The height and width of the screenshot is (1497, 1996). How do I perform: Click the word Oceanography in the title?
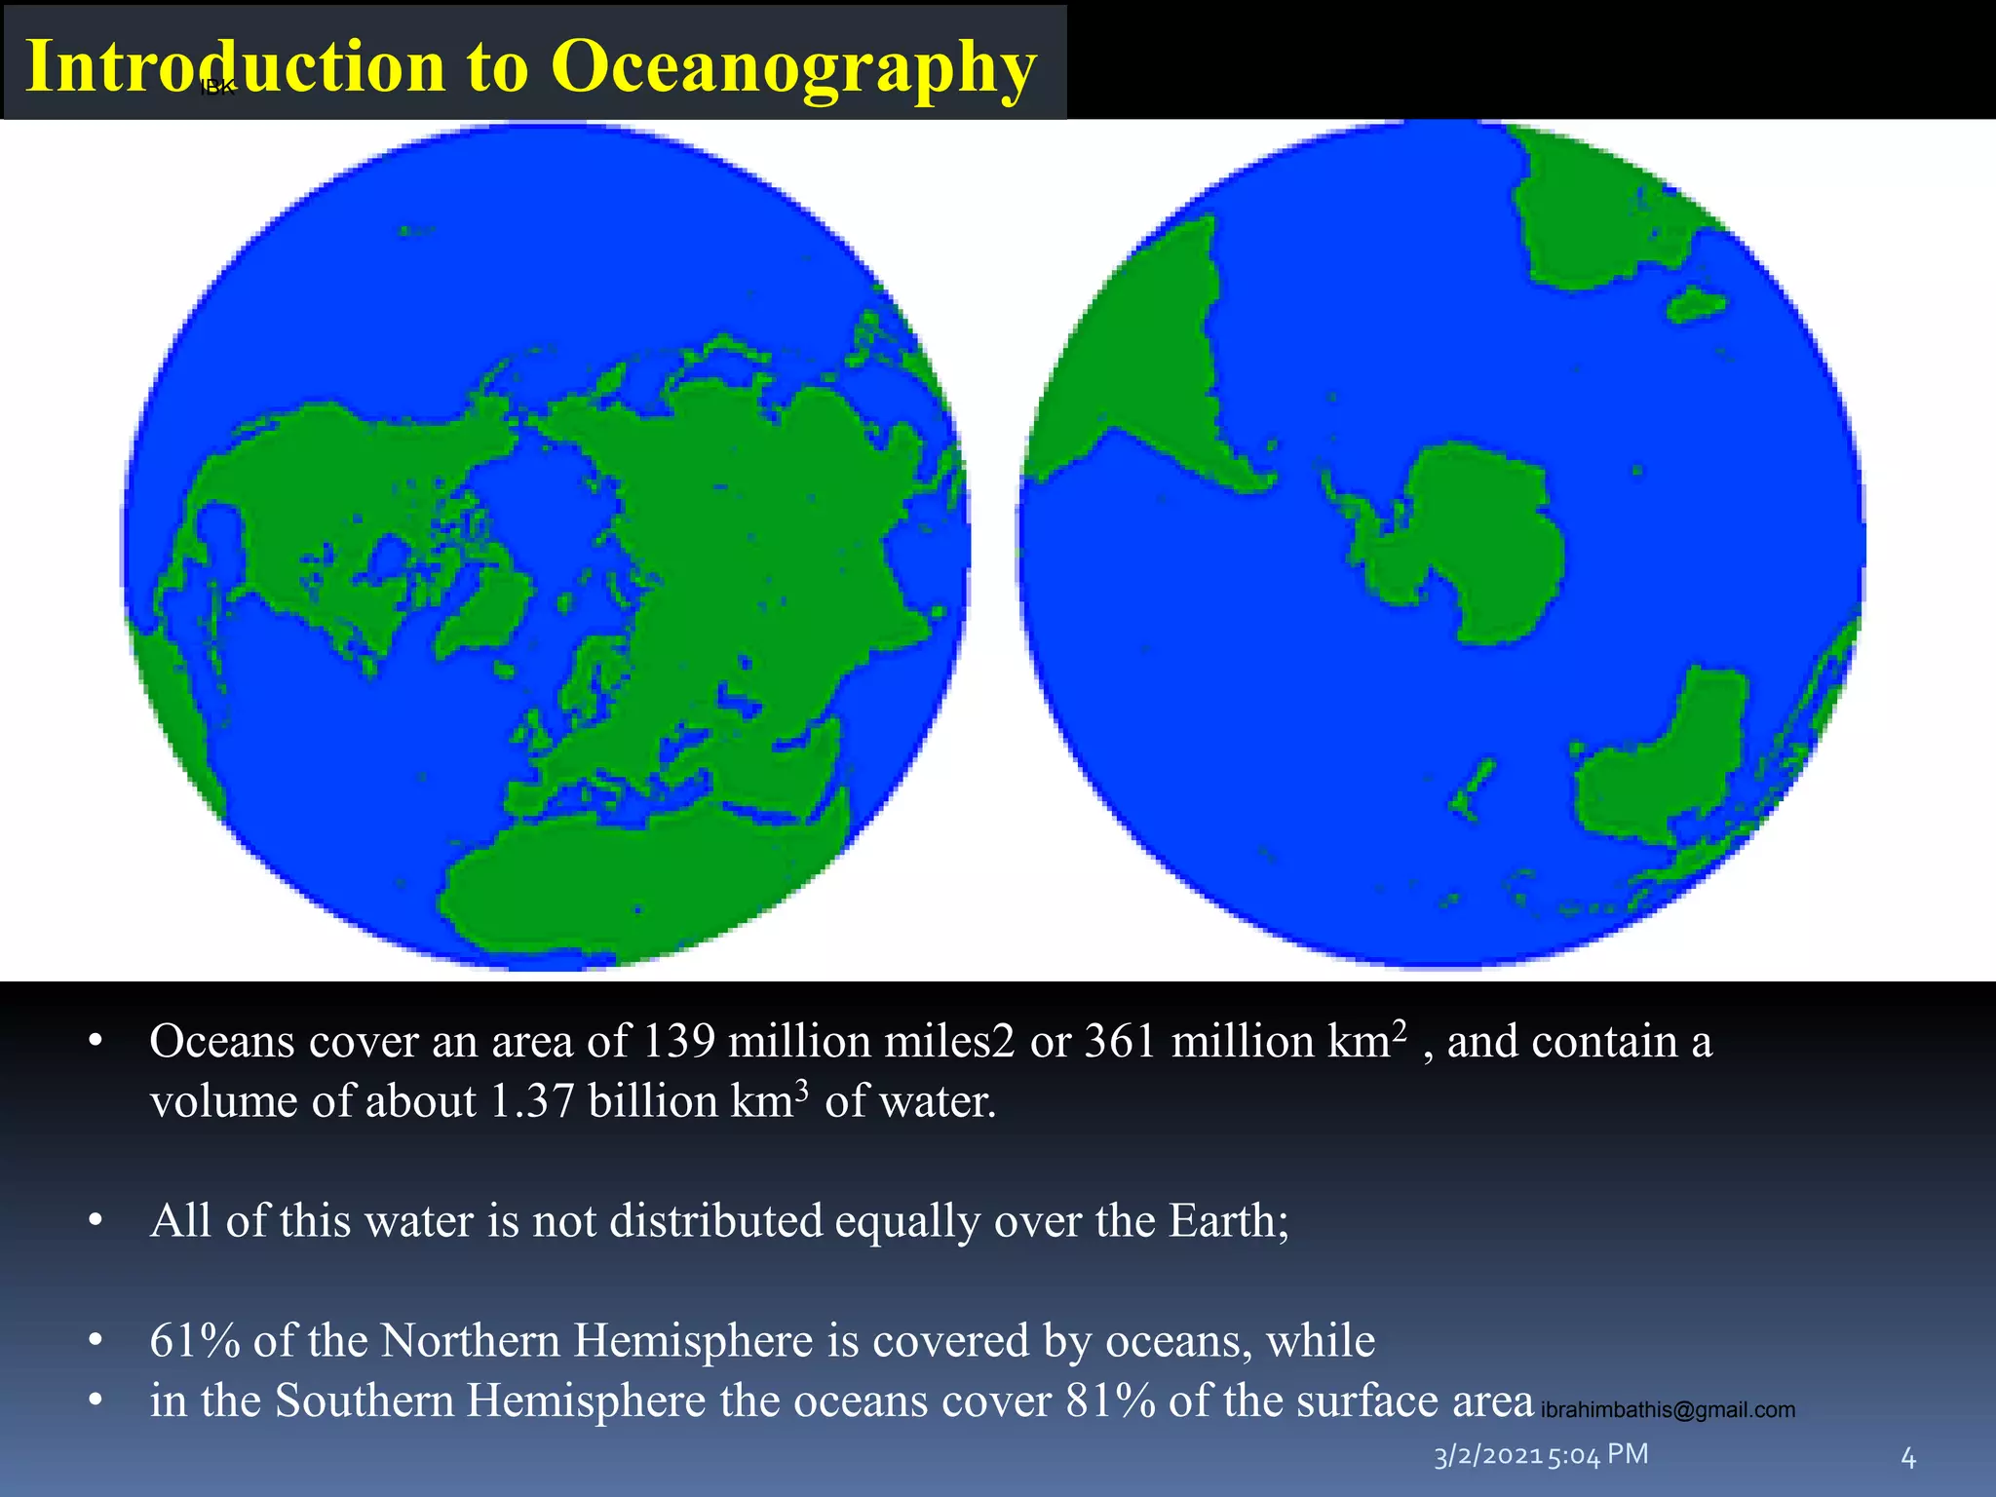pos(793,68)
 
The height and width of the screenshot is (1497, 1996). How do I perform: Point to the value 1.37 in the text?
pos(532,1102)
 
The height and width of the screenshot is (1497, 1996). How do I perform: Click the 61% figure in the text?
pos(195,1341)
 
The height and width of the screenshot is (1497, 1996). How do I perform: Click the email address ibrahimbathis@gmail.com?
pos(1668,1410)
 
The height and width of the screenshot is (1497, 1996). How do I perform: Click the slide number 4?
pos(1908,1458)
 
